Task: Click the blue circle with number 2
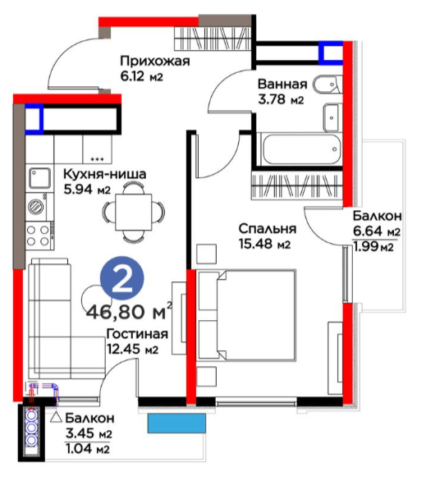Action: [122, 278]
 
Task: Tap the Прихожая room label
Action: [154, 61]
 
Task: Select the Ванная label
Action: [282, 85]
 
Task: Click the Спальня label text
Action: [268, 229]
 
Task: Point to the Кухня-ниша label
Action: [104, 174]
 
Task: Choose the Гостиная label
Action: [137, 334]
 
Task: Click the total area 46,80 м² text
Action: [129, 312]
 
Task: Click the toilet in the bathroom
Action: [328, 85]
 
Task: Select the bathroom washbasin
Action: [332, 117]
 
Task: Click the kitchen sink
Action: [39, 178]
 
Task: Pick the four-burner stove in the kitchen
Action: [39, 236]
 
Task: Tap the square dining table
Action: [133, 212]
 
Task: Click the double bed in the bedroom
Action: [246, 315]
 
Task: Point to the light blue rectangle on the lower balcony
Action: [176, 423]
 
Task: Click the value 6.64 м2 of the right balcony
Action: [377, 231]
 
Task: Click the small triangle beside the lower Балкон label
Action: [57, 418]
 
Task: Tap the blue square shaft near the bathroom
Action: [331, 53]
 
